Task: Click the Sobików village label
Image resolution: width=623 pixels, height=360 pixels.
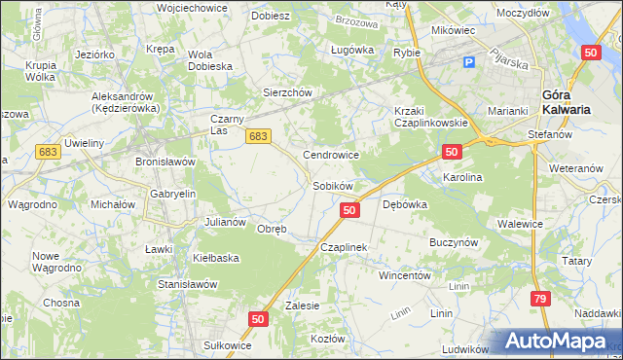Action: tap(332, 185)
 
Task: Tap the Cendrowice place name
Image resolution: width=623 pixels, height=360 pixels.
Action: tap(332, 155)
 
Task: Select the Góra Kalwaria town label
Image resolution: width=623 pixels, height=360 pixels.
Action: tap(566, 102)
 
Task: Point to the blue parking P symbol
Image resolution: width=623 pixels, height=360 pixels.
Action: tap(469, 62)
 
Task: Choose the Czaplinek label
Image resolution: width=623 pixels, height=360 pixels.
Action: tap(344, 248)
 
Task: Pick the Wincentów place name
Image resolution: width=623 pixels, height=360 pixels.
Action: tap(404, 275)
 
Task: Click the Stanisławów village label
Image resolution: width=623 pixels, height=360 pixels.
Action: tap(186, 284)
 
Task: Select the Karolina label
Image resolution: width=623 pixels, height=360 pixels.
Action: tap(462, 178)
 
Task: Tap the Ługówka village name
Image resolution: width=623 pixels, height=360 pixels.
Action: tap(352, 49)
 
